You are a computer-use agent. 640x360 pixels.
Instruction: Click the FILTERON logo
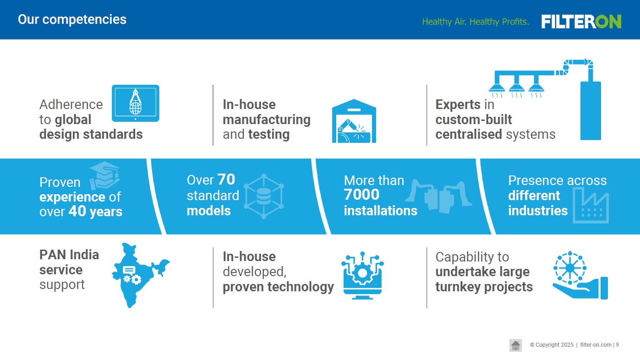click(581, 22)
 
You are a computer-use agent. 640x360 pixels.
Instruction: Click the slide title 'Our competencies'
click(72, 19)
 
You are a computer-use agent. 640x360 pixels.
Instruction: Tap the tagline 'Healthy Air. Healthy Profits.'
click(476, 22)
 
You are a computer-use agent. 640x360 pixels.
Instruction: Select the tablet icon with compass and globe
click(136, 103)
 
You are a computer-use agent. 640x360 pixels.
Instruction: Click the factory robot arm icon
click(354, 121)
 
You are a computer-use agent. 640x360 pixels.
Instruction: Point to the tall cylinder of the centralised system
click(591, 111)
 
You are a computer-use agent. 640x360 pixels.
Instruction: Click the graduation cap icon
click(104, 175)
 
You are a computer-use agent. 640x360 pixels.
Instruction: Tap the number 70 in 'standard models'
click(226, 180)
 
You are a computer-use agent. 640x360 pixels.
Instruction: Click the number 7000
click(361, 195)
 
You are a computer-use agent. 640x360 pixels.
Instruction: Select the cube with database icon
click(264, 196)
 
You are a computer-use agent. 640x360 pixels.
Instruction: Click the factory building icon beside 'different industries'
click(591, 205)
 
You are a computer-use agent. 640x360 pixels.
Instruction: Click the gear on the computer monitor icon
click(362, 273)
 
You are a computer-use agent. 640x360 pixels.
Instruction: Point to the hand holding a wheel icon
click(580, 275)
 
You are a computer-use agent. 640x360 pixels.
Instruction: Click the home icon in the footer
click(515, 345)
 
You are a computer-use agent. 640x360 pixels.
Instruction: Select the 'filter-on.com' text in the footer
click(596, 345)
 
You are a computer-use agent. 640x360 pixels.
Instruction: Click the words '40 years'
click(95, 212)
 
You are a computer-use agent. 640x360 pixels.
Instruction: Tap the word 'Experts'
click(458, 104)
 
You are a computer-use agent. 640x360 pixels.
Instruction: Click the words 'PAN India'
click(69, 255)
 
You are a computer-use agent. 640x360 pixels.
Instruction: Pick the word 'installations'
click(380, 211)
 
